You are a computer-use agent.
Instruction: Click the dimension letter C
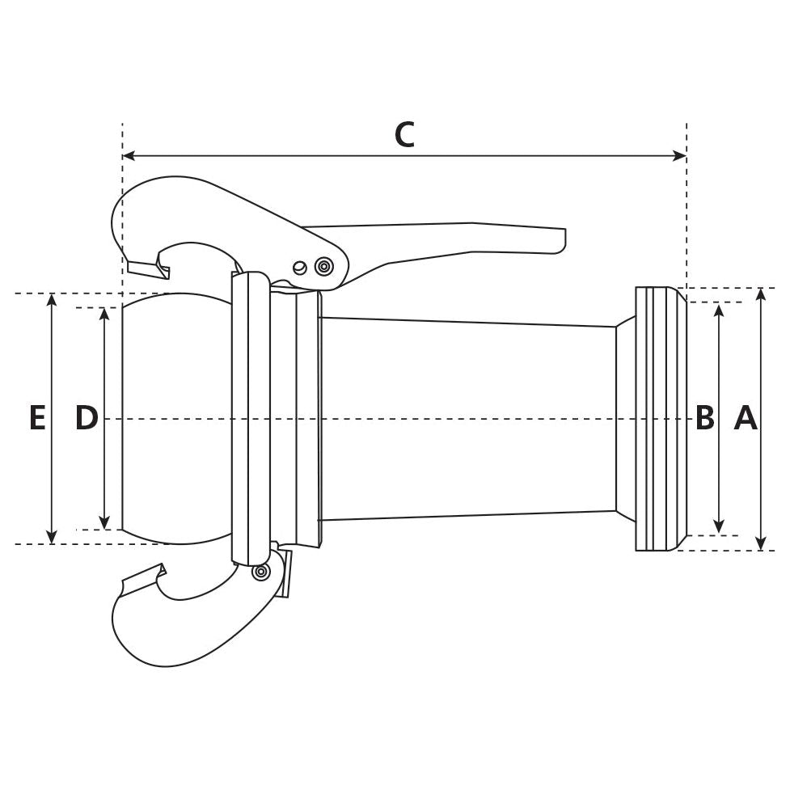click(x=404, y=134)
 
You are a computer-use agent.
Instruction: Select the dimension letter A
click(x=746, y=418)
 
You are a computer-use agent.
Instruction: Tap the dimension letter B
click(x=705, y=418)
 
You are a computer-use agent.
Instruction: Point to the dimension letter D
click(x=87, y=418)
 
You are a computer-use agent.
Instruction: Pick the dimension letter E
click(x=37, y=418)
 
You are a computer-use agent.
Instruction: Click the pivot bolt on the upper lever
click(x=324, y=265)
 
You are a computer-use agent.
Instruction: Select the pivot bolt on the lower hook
click(x=260, y=572)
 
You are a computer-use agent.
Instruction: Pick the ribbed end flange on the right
click(x=660, y=418)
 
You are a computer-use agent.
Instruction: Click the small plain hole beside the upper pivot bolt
click(x=300, y=268)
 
